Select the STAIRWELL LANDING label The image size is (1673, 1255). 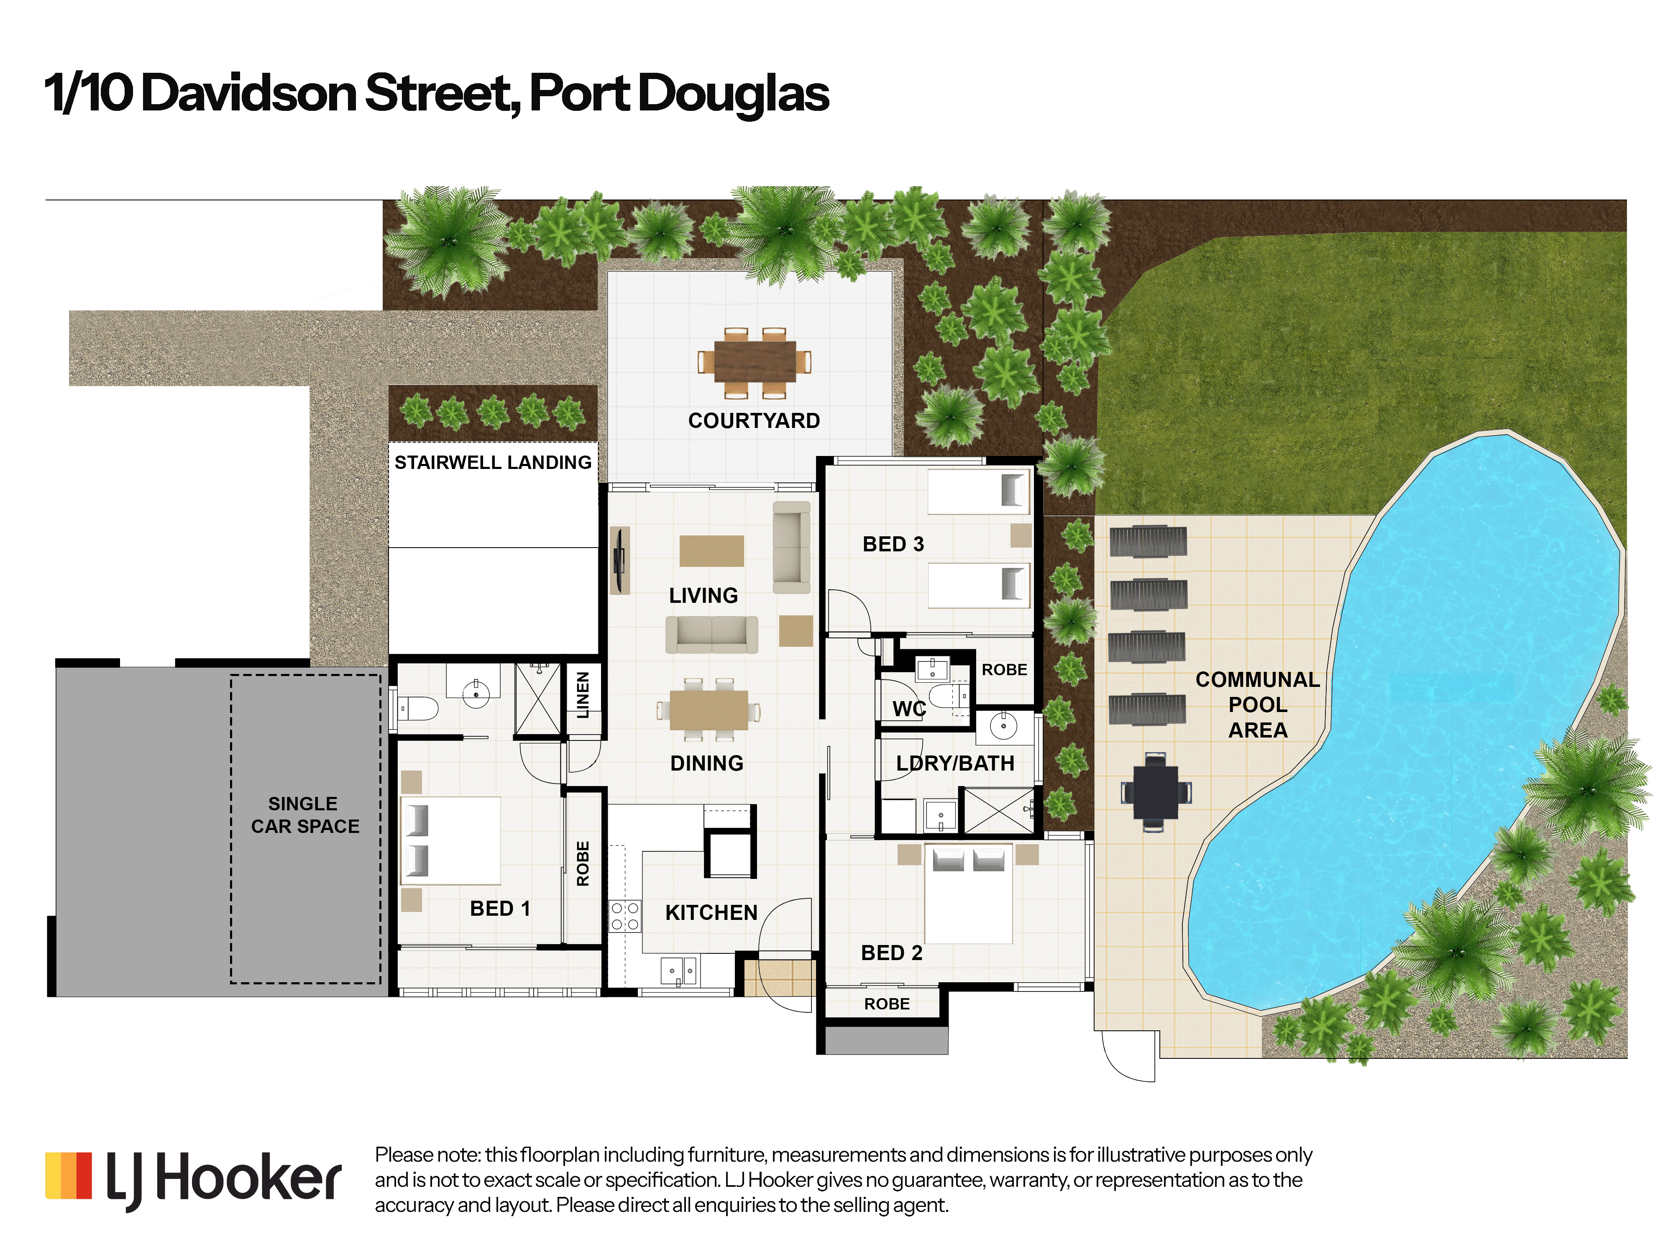point(493,462)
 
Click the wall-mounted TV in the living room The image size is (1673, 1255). point(619,561)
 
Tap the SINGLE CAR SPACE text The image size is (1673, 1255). point(305,815)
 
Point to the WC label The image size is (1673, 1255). point(909,709)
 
